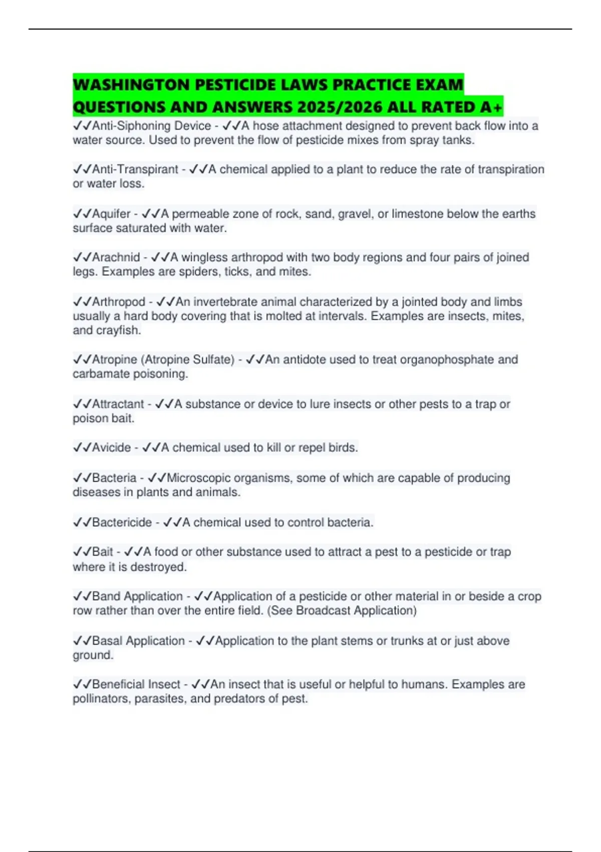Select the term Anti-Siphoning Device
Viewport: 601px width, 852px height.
tap(151, 126)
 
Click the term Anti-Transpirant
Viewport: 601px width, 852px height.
tap(135, 169)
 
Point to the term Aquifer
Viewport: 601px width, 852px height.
tap(111, 214)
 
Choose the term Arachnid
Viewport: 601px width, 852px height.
tap(116, 258)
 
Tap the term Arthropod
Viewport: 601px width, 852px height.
tap(118, 302)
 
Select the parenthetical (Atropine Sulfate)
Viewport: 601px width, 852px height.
tap(188, 360)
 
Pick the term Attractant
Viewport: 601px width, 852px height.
tap(118, 404)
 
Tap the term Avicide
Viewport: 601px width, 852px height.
tap(111, 448)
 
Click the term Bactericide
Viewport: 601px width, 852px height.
tap(122, 522)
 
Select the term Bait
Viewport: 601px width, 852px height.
tap(102, 552)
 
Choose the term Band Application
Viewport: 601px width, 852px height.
tap(137, 596)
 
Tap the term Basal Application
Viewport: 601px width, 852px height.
tap(138, 641)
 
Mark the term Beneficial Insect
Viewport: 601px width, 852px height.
tap(136, 685)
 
